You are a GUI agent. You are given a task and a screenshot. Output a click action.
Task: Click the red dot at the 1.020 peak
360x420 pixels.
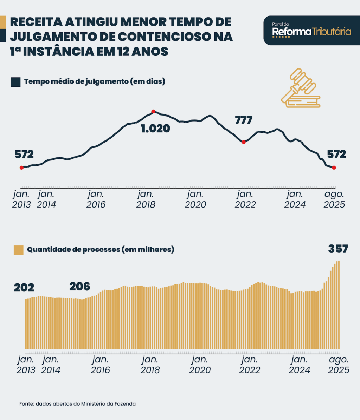[153, 111]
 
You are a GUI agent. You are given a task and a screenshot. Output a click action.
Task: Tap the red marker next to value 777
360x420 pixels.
[243, 142]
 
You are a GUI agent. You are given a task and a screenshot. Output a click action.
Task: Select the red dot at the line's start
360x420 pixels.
[21, 168]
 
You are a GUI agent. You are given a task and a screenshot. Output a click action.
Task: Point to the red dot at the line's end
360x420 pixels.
[334, 168]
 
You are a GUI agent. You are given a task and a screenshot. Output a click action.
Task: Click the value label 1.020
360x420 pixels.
[155, 129]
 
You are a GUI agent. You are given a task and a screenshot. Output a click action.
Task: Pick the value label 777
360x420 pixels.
[243, 120]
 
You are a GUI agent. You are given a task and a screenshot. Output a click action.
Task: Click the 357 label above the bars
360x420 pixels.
[338, 249]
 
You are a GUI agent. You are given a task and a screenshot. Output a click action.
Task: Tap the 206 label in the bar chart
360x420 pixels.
[79, 287]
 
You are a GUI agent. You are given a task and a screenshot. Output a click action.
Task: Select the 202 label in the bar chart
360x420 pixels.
[24, 288]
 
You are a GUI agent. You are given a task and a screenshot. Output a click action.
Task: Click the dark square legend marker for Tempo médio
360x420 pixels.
[15, 82]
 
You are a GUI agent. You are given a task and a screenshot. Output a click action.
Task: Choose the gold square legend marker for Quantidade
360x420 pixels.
[18, 250]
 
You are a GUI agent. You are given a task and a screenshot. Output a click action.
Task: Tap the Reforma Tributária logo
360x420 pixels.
[311, 31]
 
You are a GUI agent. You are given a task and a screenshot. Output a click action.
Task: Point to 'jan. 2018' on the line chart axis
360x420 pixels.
[146, 199]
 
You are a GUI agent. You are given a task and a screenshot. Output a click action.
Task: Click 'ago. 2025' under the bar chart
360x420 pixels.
[339, 365]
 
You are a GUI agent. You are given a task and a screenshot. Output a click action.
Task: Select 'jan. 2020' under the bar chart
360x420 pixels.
[200, 365]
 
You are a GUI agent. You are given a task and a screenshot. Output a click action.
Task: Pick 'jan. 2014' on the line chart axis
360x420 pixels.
[46, 199]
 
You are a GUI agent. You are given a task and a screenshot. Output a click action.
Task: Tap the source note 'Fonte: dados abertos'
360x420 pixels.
[77, 404]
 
